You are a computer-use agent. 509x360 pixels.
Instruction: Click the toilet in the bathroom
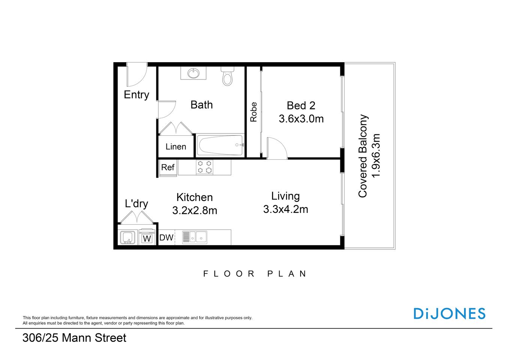click(227, 77)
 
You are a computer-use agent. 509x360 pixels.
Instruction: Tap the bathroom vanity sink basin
click(193, 73)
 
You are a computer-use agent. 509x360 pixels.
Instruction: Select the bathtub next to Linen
click(220, 145)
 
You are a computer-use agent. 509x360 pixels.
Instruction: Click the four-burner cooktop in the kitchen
click(205, 167)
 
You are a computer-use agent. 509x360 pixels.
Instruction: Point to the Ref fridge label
click(168, 167)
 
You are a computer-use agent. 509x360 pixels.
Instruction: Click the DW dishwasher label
click(166, 237)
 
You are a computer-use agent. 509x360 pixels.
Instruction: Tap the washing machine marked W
click(147, 238)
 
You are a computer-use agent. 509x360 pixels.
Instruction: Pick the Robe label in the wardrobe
click(254, 112)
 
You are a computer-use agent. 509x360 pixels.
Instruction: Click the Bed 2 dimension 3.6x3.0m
click(301, 119)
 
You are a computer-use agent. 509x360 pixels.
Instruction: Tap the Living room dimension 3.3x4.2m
click(286, 209)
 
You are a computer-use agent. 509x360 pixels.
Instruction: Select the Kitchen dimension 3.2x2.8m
click(195, 210)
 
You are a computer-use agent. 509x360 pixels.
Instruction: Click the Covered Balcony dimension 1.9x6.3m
click(376, 156)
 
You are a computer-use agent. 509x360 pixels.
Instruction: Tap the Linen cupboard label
click(176, 147)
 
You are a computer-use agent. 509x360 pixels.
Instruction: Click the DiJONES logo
click(449, 313)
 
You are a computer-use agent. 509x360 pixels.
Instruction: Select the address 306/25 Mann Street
click(74, 338)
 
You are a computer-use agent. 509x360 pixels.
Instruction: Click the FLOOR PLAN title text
click(255, 274)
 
